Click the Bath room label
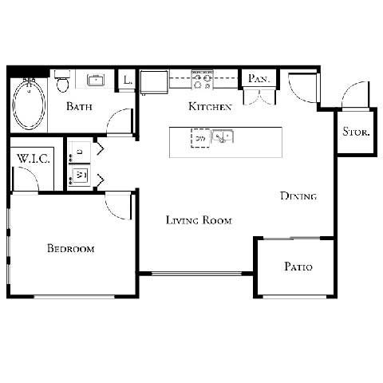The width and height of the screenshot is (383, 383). point(78,106)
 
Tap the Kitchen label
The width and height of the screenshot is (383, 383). point(210,106)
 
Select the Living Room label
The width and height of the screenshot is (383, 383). point(199,220)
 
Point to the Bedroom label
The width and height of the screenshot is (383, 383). point(70,249)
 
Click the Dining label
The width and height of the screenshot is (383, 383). point(298,195)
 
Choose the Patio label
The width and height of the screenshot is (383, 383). point(298,267)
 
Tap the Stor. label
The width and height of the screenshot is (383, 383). point(355,132)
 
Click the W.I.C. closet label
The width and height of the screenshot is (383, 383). point(33,159)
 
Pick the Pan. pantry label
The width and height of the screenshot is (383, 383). point(259,78)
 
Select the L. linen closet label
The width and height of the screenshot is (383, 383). point(128,80)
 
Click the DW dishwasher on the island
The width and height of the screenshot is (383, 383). point(199,137)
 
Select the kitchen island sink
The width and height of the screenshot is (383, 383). point(223,137)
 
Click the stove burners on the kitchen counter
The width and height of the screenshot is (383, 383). point(203,77)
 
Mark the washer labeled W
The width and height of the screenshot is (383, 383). point(81,174)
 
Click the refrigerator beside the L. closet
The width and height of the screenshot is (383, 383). point(153,82)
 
